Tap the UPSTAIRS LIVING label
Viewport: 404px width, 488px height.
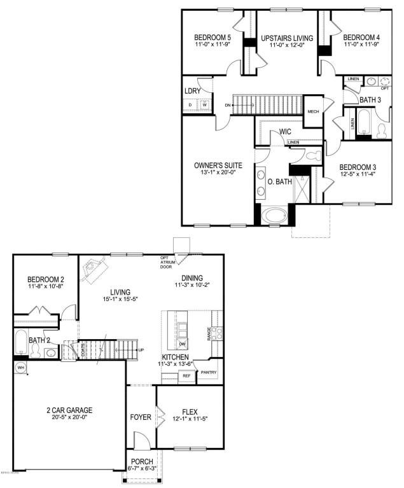(x=288, y=38)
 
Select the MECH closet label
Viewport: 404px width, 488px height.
(x=313, y=111)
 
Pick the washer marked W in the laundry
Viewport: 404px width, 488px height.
(x=204, y=105)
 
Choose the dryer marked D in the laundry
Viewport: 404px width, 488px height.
(x=190, y=105)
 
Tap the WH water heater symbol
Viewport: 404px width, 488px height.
(x=20, y=367)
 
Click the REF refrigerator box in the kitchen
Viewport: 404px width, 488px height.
(x=186, y=376)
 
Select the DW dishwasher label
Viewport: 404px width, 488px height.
(x=182, y=344)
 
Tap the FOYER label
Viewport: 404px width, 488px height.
(x=140, y=417)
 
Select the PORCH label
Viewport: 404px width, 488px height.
(x=142, y=461)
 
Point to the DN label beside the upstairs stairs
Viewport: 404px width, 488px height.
(x=227, y=105)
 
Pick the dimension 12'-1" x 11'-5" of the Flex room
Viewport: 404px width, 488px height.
(x=190, y=419)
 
